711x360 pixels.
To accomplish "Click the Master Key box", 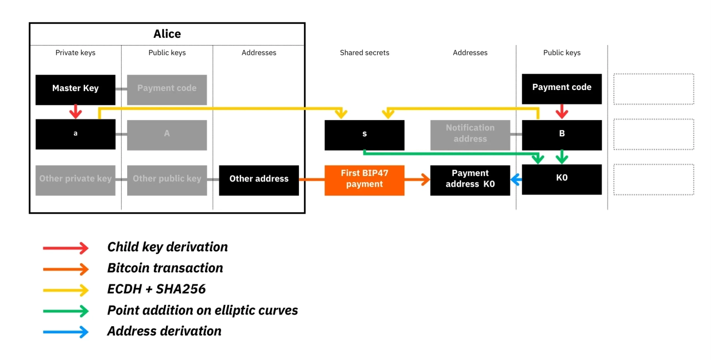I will [x=76, y=89].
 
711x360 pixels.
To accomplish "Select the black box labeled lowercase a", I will [x=76, y=134].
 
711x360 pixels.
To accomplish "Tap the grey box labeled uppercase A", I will [x=167, y=134].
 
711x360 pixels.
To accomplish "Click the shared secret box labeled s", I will [x=364, y=135].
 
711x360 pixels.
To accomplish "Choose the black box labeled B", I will [x=562, y=134].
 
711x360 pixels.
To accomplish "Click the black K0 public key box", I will [x=562, y=179].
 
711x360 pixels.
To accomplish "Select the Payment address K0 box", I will [x=470, y=179].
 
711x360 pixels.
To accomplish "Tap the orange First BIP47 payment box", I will [x=364, y=179].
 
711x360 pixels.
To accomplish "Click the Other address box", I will [x=259, y=179].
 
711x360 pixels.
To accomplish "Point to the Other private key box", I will [x=76, y=179].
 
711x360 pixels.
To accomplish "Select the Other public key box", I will [x=167, y=179].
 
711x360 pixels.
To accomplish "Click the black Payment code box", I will [x=562, y=88].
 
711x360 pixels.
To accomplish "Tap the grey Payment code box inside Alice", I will [x=167, y=89].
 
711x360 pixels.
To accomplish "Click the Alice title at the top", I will [x=167, y=34].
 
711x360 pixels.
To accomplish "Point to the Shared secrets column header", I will [x=364, y=53].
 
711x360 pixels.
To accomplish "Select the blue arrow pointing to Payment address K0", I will [x=516, y=179].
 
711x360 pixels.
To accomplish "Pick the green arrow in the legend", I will [x=66, y=311].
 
